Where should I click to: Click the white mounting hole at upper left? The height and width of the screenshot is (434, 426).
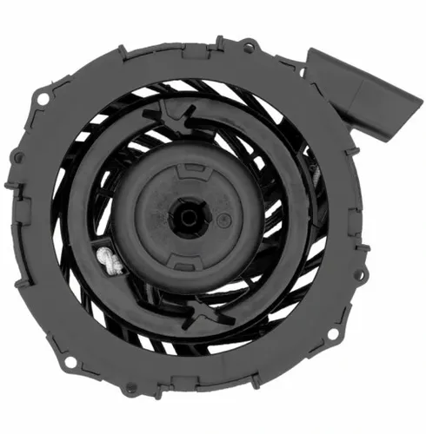pyautogui.click(x=40, y=102)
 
